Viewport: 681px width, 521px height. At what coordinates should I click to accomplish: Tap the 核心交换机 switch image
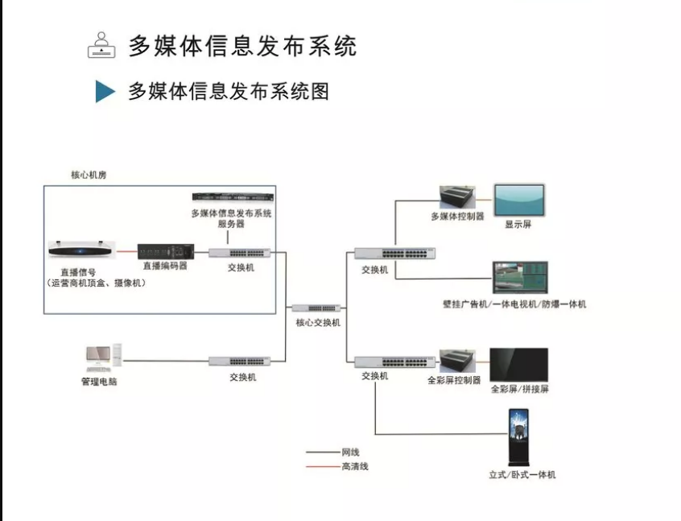pyautogui.click(x=316, y=308)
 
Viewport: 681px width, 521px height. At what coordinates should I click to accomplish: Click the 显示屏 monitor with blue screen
pyautogui.click(x=518, y=200)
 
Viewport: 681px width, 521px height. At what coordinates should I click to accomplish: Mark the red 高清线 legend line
pyautogui.click(x=322, y=466)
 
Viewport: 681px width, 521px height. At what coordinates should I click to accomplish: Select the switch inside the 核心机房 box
pyautogui.click(x=240, y=253)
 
